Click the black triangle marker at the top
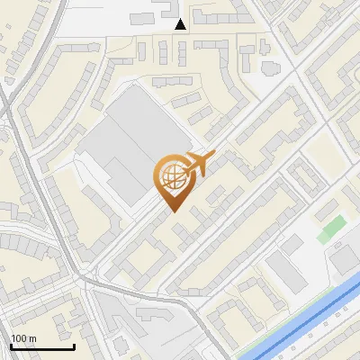pos(181,24)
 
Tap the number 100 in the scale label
pos(18,338)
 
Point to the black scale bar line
pos(41,346)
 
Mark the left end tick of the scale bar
pos(11,345)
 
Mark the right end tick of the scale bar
pos(73,345)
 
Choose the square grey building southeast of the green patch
pos(343,258)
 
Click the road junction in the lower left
pos(87,282)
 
